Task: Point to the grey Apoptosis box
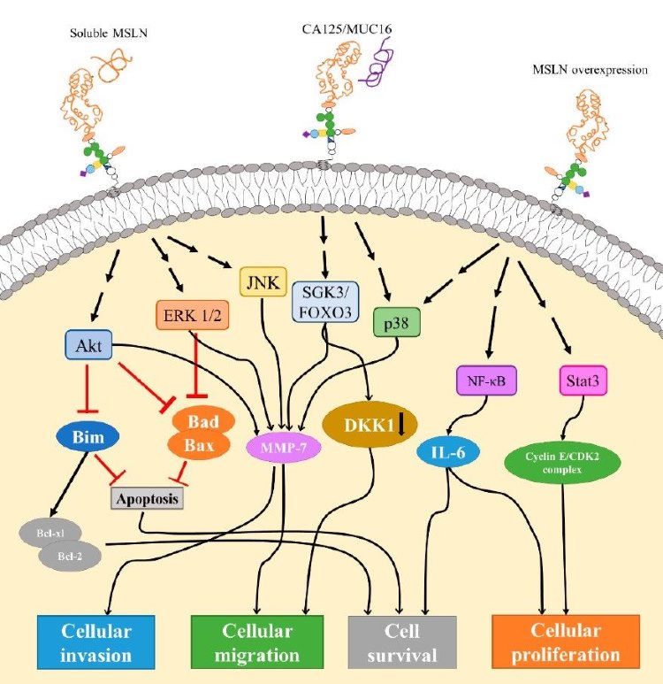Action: [x=146, y=499]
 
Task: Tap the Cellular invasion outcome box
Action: [x=96, y=643]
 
